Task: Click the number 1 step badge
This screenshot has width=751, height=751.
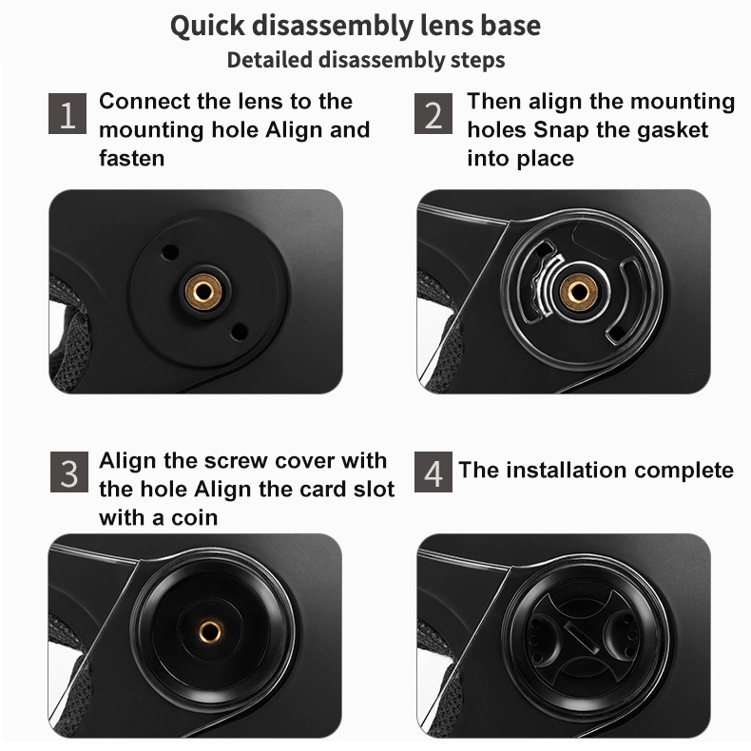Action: click(67, 113)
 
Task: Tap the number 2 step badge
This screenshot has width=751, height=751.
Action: click(433, 113)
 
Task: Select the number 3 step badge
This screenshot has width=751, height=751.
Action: click(69, 472)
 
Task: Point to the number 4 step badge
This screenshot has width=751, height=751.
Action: click(433, 472)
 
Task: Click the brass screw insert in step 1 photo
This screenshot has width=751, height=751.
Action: click(203, 291)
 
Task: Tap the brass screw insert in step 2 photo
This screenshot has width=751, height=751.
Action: click(579, 292)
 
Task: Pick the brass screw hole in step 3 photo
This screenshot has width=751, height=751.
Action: click(210, 631)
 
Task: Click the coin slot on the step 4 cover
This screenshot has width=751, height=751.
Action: click(582, 638)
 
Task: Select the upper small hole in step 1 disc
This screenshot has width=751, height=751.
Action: click(169, 253)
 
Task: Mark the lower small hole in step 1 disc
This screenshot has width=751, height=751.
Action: click(239, 332)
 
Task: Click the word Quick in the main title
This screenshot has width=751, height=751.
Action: click(207, 27)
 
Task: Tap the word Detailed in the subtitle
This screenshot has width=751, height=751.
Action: click(270, 60)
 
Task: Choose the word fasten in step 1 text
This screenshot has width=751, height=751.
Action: click(132, 158)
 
